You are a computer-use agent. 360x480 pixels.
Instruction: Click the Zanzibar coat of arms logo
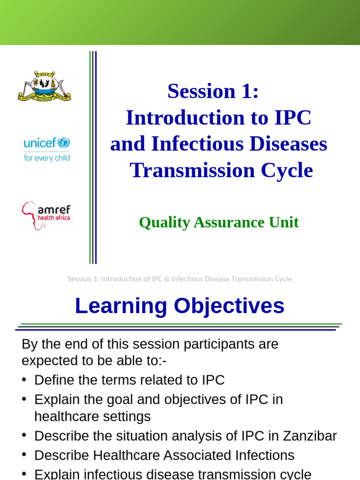tap(44, 86)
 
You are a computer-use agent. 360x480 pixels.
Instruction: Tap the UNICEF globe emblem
tap(63, 143)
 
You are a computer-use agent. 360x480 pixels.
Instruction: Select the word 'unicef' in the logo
tap(39, 143)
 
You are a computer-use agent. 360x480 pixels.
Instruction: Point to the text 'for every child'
tap(47, 158)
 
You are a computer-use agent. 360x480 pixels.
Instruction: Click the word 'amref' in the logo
tap(54, 210)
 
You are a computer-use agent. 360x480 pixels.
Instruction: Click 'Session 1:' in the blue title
tap(213, 91)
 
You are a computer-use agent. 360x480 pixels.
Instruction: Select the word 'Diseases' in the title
tap(288, 144)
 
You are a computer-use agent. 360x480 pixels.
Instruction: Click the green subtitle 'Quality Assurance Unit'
tap(218, 222)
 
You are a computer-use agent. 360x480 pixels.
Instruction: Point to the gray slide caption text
tap(180, 279)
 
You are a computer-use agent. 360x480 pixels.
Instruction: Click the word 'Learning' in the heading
tap(121, 306)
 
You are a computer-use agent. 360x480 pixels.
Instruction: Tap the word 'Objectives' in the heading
tap(229, 306)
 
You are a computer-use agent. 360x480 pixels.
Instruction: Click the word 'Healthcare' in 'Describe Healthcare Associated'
tap(127, 455)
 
